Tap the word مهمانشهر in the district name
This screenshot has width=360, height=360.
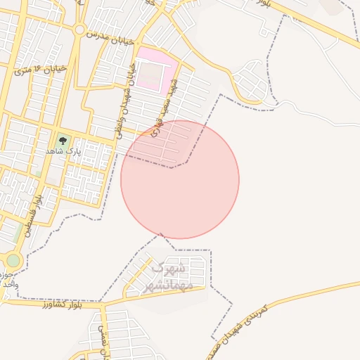tap(165, 285)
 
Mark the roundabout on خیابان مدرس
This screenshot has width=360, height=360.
tap(79, 31)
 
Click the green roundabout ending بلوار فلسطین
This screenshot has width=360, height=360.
tap(13, 260)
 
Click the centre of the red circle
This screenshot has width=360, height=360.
tap(180, 179)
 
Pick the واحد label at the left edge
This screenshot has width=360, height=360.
tap(6, 284)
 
